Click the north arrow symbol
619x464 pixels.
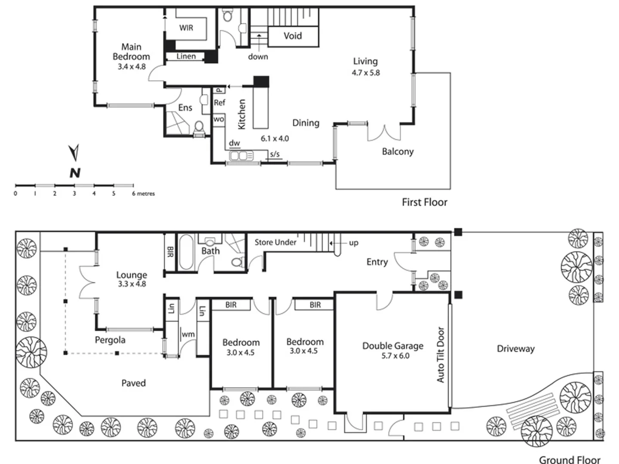(x=74, y=153)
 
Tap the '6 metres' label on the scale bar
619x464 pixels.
(x=143, y=194)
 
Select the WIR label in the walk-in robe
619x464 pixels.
(x=186, y=28)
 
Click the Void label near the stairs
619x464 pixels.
(x=292, y=36)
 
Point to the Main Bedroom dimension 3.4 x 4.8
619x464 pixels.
(x=132, y=67)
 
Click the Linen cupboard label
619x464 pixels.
(x=186, y=56)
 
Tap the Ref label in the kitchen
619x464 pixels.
(x=219, y=103)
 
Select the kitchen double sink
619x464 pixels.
(x=239, y=156)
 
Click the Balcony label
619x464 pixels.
(x=398, y=151)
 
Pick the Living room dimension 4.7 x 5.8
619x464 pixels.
(x=366, y=73)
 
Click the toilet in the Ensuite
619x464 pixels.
(x=199, y=128)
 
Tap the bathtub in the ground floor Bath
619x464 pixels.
(x=186, y=252)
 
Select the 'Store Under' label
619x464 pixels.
(x=275, y=242)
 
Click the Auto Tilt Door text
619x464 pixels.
(x=441, y=355)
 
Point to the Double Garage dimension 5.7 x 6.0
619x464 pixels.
(x=395, y=356)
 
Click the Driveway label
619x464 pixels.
(x=515, y=348)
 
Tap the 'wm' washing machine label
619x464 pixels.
(x=188, y=334)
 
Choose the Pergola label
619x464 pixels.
(x=110, y=340)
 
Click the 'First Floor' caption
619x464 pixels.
(x=424, y=202)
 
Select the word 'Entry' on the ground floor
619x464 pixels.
(x=377, y=262)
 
